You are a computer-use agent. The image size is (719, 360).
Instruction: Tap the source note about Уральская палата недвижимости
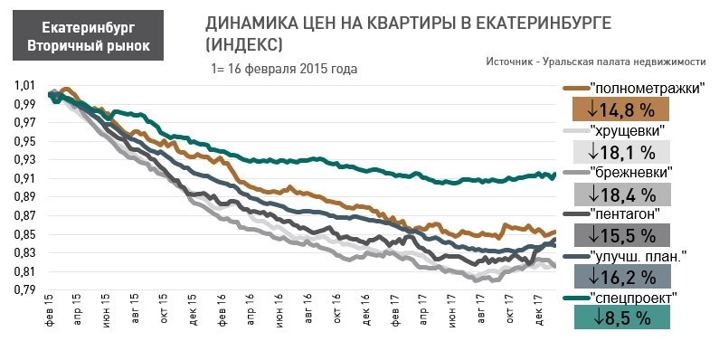coord(594,61)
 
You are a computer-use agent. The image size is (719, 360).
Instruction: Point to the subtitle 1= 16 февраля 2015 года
coord(283,69)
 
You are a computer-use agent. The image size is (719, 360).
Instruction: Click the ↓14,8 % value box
coord(621,109)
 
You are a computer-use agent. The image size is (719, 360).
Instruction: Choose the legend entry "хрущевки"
coord(633,130)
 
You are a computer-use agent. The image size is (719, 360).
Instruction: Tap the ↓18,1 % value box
coord(621,151)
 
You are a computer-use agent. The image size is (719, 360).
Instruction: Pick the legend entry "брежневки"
coord(636,172)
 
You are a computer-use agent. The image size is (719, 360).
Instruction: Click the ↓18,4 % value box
coord(621,193)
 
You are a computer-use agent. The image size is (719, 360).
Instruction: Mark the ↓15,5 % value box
coord(621,234)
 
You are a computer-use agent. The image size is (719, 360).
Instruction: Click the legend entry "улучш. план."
coord(639,256)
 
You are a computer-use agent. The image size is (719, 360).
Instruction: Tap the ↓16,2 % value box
coord(621,276)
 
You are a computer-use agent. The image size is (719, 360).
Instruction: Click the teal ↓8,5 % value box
coord(621,317)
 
